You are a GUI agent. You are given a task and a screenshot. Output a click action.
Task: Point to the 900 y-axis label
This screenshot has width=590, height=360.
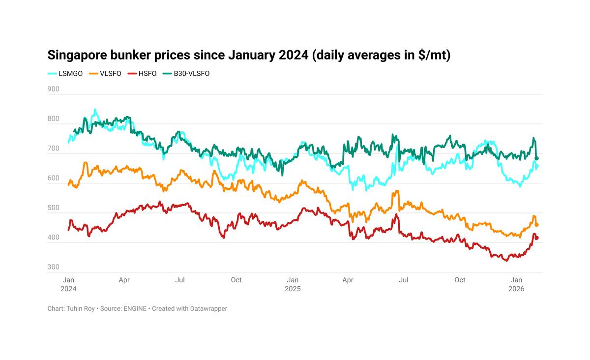coord(53,89)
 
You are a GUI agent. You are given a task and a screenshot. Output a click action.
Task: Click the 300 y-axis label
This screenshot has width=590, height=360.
coord(53,267)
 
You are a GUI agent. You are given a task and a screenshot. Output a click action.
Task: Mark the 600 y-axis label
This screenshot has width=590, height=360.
coord(53,178)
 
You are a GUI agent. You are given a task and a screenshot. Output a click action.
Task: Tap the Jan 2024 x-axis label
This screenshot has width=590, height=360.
coord(68,284)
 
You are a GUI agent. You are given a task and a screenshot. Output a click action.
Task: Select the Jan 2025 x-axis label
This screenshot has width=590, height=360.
coord(293,284)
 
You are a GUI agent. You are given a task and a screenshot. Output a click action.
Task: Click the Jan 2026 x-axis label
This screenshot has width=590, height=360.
coord(516,284)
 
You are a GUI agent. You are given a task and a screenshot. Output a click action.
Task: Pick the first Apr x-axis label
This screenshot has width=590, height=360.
coord(124,280)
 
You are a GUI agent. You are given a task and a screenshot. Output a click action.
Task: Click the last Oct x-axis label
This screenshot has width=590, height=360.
coord(460,280)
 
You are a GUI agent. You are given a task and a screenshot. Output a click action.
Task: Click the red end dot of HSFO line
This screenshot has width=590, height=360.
coord(537,238)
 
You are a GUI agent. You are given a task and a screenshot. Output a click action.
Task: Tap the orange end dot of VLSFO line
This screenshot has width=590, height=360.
coord(537,225)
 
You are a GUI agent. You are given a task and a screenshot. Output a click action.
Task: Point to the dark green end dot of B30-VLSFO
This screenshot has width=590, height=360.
coord(537,158)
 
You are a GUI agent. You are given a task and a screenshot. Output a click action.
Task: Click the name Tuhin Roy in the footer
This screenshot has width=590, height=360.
coord(81,308)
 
